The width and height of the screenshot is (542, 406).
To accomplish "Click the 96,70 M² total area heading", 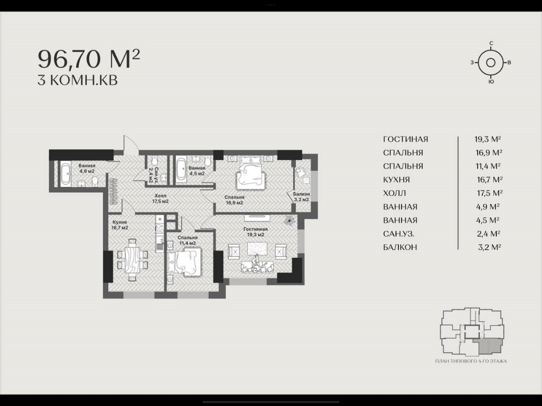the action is coord(89,59).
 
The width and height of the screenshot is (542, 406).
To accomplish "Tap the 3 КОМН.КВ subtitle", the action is coord(77,80).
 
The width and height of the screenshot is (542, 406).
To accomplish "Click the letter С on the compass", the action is coord(491,44).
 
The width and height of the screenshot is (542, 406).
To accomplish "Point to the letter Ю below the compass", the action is coord(491,82).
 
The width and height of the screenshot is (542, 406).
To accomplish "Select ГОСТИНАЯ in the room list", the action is coord(405,139).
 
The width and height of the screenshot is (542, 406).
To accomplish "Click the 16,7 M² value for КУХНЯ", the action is coord(489,179).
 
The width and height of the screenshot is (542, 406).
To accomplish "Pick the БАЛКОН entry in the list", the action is coord(400,247).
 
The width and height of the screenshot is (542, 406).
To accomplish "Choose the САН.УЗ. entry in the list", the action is coord(398,234).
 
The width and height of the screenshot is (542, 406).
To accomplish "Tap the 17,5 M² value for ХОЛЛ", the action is coord(490,193).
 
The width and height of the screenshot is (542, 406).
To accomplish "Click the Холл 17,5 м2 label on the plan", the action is coord(161,198).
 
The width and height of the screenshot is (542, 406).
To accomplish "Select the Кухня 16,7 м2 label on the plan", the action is coord(119,225).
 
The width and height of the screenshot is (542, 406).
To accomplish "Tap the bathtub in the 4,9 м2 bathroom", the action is coord(66,174).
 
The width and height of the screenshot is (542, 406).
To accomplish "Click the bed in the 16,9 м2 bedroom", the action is coord(251,172).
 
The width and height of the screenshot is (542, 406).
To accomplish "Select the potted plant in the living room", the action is coord(289,220).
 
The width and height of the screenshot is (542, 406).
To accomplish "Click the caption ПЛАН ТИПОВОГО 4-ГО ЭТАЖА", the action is coord(471,361).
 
